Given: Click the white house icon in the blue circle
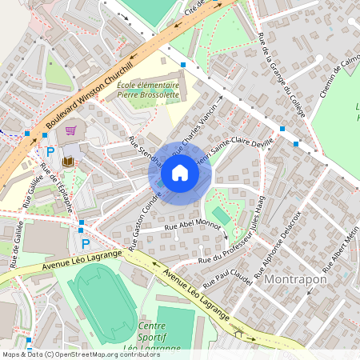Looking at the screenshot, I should pyautogui.click(x=180, y=173).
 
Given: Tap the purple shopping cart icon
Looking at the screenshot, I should pyautogui.click(x=70, y=130).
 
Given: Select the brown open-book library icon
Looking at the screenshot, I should pyautogui.click(x=67, y=162).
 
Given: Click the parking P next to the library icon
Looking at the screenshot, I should pyautogui.click(x=50, y=151).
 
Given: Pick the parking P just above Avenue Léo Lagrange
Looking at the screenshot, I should pyautogui.click(x=86, y=243).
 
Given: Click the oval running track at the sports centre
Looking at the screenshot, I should pyautogui.click(x=100, y=301).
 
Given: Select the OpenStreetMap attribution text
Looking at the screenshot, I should pyautogui.click(x=81, y=354).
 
